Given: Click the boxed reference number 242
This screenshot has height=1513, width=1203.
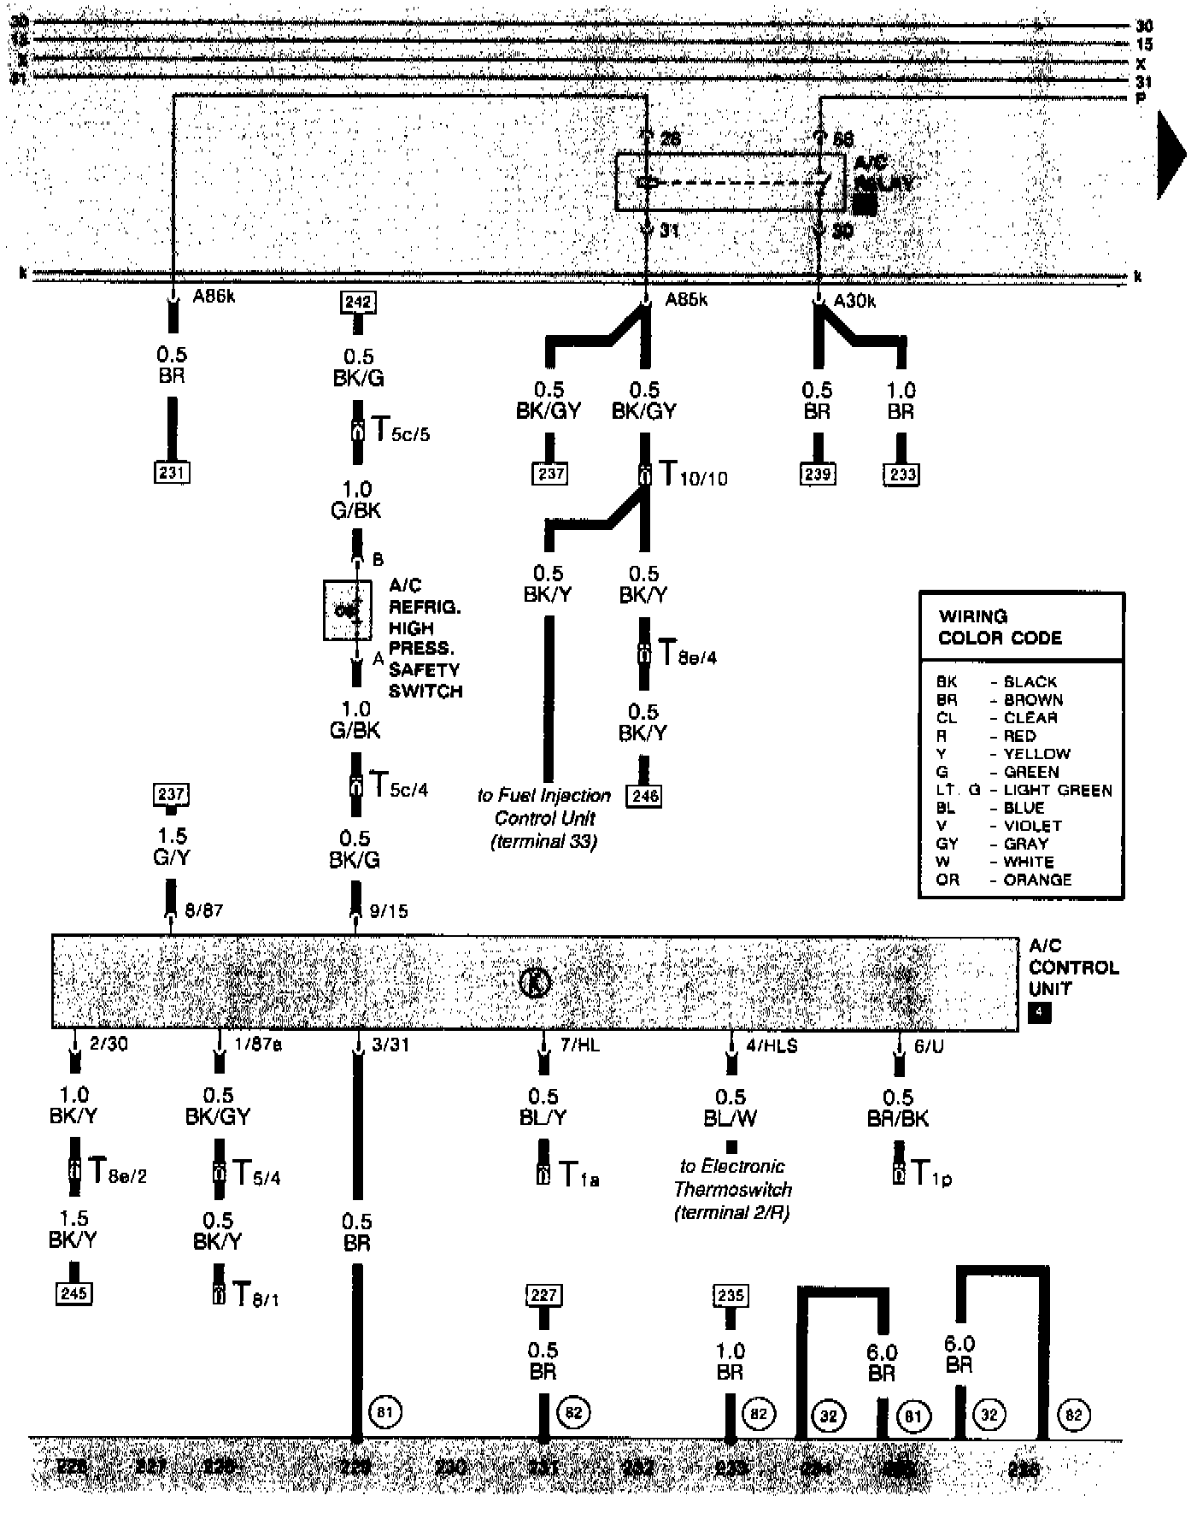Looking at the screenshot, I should pos(358,302).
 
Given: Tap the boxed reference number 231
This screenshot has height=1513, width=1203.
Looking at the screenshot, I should pos(172,472).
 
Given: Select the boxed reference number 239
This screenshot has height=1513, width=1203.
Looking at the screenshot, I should pos(818,474).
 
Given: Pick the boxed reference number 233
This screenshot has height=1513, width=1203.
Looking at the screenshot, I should pos(901,474).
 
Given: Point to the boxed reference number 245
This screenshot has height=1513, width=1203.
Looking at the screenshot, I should pos(73,1293).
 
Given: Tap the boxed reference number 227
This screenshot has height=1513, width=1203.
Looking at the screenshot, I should pos(543,1295).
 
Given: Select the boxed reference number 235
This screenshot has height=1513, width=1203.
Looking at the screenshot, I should pos(731,1296).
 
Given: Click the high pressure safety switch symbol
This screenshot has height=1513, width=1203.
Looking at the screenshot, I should pos(348,610).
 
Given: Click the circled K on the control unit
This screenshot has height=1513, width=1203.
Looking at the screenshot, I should pos(536,983).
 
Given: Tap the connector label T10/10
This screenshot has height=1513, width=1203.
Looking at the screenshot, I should pos(692,475).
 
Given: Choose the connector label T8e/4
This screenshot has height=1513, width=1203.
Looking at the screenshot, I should pos(687,655).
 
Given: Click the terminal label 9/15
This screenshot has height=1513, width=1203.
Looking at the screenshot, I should pos(389,911).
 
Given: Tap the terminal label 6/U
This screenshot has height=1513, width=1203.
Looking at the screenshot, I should pos(929,1046).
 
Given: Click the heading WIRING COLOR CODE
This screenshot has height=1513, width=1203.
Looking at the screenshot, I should pos(1000,627).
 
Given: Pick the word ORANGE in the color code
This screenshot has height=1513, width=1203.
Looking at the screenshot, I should pos(1037,880).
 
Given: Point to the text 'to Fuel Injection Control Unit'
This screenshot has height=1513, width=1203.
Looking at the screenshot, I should pos(544,807).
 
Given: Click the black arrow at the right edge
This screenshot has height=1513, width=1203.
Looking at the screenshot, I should pos(1172,156).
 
